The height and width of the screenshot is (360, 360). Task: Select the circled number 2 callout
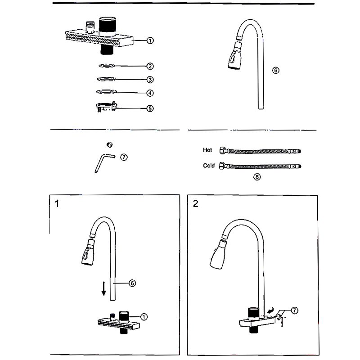point(150,66)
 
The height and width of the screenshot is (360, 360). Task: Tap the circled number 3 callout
point(150,80)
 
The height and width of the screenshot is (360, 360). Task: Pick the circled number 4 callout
point(150,94)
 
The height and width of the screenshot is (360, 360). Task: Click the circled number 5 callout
point(150,108)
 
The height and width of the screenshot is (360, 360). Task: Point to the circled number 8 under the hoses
point(257,177)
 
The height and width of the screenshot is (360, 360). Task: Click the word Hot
point(207,150)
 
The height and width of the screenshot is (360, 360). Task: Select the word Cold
point(209,166)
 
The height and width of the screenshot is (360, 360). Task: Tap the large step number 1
point(57,203)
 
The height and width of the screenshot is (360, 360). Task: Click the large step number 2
point(195,203)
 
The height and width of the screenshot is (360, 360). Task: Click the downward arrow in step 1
point(103,288)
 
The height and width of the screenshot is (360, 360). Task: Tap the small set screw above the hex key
point(108,144)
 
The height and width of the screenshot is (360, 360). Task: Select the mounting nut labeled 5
point(107,107)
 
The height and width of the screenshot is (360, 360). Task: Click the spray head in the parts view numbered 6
point(235,58)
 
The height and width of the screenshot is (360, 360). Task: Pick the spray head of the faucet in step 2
point(219,257)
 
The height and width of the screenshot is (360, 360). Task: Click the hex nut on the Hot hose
point(222,151)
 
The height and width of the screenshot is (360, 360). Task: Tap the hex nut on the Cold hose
point(222,166)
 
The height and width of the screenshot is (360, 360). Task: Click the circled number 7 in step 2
point(294,310)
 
